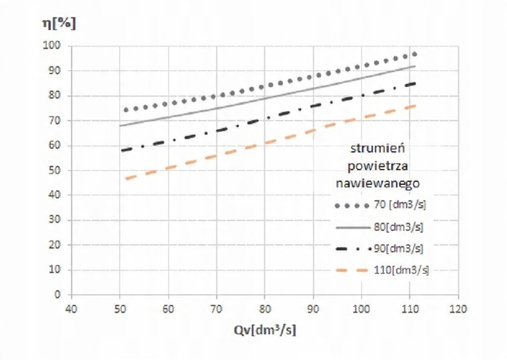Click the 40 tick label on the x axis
[71, 308]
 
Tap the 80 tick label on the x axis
[264, 308]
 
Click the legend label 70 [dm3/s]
[404, 204]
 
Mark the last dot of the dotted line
[415, 54]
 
